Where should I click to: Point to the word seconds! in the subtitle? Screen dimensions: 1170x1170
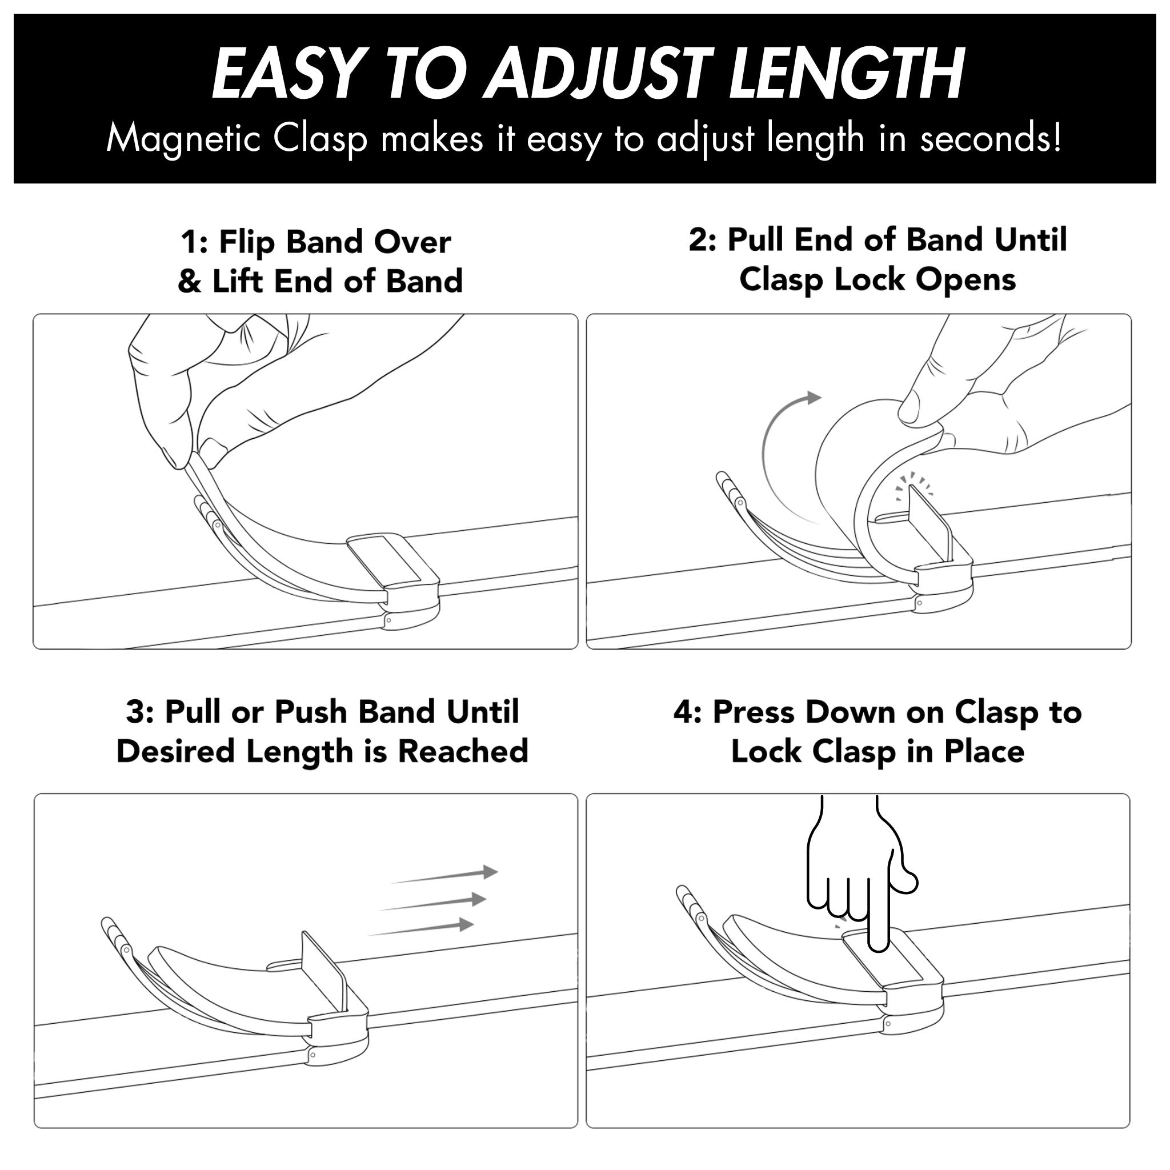[x=991, y=139]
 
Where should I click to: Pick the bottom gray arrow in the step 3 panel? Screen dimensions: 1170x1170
[x=420, y=928]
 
